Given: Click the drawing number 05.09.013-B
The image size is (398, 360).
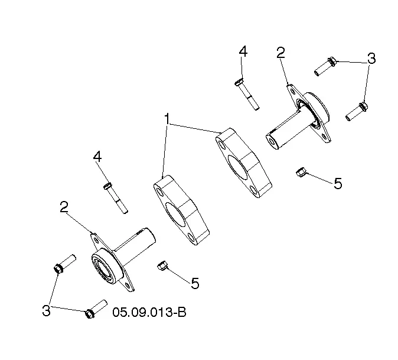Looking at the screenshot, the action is [x=149, y=312].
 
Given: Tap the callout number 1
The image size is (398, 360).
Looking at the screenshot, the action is [x=167, y=119].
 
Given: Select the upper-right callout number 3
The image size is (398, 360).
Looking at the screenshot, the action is [x=371, y=58].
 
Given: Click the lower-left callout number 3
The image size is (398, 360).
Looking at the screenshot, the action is [x=46, y=310].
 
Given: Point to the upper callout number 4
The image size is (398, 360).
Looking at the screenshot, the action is [x=243, y=51].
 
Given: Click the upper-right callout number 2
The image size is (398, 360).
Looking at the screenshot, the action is [x=280, y=53].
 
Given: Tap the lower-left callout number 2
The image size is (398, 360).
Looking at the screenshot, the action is [x=64, y=207].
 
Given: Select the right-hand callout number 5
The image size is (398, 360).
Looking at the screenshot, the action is [x=338, y=183].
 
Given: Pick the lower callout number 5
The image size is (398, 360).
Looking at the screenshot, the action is [x=195, y=283].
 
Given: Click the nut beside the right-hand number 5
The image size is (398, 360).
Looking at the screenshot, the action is [x=301, y=172].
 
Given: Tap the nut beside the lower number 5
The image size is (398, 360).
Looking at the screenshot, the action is [x=162, y=266].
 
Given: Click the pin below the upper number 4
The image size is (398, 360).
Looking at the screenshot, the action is [x=246, y=94].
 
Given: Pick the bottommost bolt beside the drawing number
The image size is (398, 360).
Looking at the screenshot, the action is [x=96, y=309].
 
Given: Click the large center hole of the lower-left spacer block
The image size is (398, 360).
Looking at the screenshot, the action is [x=175, y=214].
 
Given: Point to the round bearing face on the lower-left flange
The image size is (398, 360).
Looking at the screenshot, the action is [x=104, y=267].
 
